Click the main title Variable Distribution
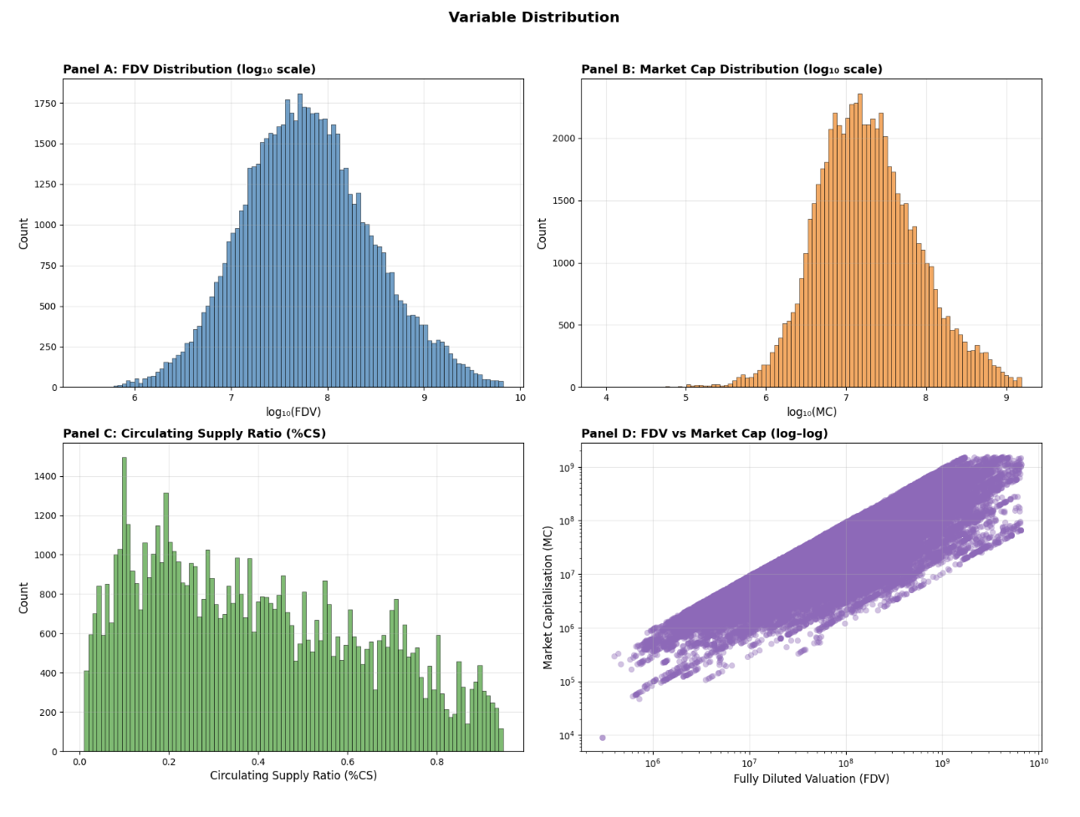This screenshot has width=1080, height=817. pyautogui.click(x=533, y=18)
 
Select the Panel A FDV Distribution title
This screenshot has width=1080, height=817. pyautogui.click(x=189, y=69)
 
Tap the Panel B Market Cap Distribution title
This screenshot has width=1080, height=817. pyautogui.click(x=731, y=69)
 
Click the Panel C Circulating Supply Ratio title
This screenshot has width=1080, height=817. pyautogui.click(x=194, y=434)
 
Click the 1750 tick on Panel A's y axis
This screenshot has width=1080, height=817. pyautogui.click(x=44, y=104)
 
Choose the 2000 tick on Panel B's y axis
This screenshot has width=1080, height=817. pyautogui.click(x=563, y=139)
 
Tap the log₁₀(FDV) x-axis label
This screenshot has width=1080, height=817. pyautogui.click(x=293, y=412)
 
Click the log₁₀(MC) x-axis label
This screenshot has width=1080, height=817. pyautogui.click(x=812, y=412)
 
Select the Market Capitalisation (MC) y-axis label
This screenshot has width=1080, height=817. pyautogui.click(x=548, y=597)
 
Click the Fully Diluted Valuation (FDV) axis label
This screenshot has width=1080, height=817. pyautogui.click(x=811, y=779)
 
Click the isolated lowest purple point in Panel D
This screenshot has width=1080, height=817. pyautogui.click(x=602, y=738)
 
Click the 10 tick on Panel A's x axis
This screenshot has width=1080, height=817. pyautogui.click(x=520, y=398)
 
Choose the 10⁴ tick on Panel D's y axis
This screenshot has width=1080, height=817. pyautogui.click(x=565, y=735)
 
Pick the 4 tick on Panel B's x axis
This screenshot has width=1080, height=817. pyautogui.click(x=606, y=398)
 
